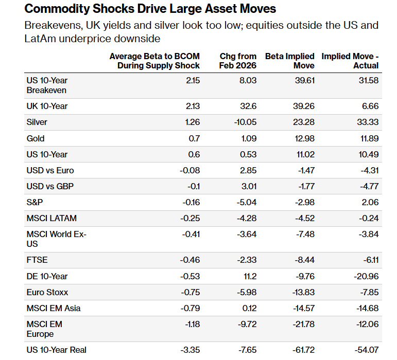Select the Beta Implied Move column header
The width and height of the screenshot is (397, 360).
tap(289, 61)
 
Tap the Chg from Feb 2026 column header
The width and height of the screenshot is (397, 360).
tap(238, 61)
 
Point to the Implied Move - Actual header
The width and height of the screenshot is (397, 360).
tap(350, 61)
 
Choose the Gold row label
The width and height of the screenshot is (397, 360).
tap(36, 138)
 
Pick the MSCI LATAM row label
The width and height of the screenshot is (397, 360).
tap(51, 219)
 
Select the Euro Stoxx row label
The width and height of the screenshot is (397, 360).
tap(47, 292)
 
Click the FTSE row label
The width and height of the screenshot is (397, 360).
tap(37, 260)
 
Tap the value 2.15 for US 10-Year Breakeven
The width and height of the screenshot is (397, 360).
tap(193, 81)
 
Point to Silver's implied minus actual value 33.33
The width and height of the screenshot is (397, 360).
tap(368, 122)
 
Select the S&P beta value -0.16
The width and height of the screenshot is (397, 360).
tap(190, 203)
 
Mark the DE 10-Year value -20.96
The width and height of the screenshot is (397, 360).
tap(367, 276)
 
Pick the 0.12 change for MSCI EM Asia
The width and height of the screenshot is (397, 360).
tap(250, 308)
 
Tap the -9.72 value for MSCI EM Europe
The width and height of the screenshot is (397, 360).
tap(246, 324)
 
